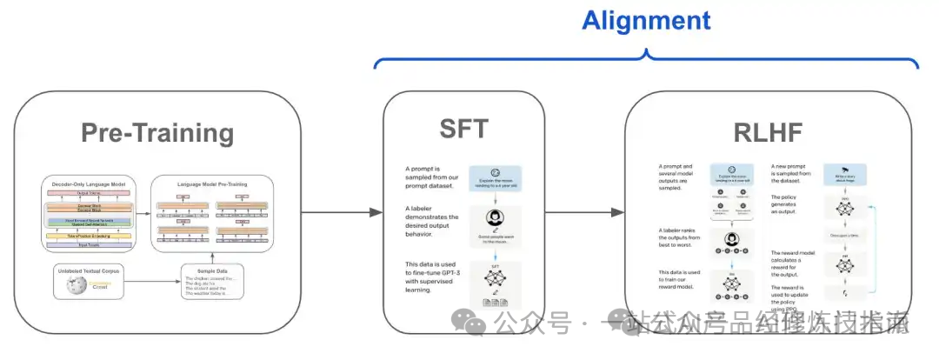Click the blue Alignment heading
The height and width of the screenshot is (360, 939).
[x=646, y=20]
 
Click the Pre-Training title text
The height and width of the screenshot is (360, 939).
[x=157, y=132]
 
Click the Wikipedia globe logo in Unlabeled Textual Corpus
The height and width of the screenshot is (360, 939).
[x=71, y=283]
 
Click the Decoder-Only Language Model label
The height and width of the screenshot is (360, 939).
[x=88, y=184]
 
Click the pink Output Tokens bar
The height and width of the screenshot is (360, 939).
[x=88, y=193]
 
